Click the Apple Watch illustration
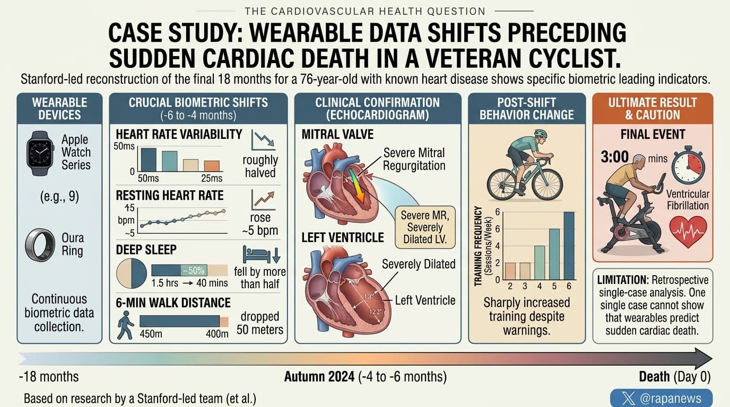(x=40, y=153)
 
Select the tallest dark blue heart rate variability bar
(x=149, y=160)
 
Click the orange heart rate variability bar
(x=212, y=166)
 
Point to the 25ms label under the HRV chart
(x=212, y=178)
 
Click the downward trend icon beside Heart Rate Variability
(x=263, y=140)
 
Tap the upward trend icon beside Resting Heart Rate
(x=263, y=200)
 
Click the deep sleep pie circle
(x=132, y=273)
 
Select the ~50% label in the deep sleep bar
(x=194, y=271)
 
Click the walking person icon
(x=125, y=325)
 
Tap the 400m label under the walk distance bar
(x=217, y=334)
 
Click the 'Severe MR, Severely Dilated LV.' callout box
(x=425, y=227)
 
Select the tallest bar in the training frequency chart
(x=569, y=246)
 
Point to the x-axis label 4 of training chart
(x=540, y=286)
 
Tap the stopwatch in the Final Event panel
(x=688, y=166)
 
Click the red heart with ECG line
(x=688, y=232)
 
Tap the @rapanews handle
(x=671, y=398)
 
